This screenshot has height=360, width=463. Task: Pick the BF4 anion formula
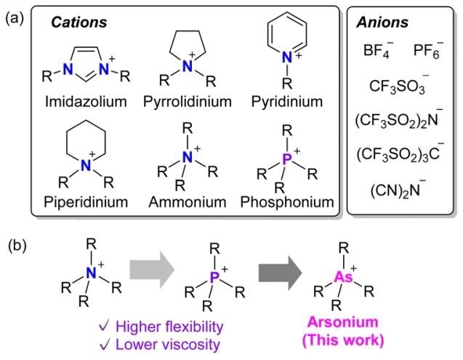pos(377,52)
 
